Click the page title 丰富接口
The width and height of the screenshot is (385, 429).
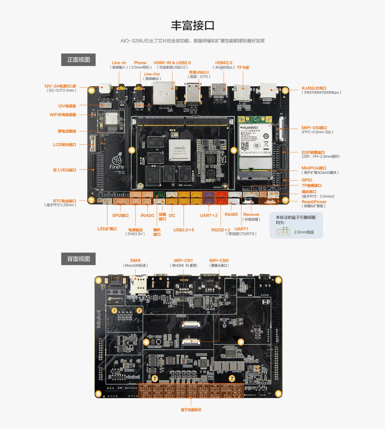pos(192,26)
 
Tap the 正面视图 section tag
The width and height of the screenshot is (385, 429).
pos(78,60)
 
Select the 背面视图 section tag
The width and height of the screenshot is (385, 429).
pos(78,259)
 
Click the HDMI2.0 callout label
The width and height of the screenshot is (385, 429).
pos(224,63)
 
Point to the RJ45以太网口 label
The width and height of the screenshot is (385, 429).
pos(314,88)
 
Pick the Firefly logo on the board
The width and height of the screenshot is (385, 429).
pos(117,163)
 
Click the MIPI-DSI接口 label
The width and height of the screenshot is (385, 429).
pos(314,128)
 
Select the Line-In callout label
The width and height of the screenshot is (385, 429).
pos(119,63)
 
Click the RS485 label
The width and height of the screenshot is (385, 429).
pos(231,214)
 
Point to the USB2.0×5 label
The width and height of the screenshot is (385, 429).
pos(184,230)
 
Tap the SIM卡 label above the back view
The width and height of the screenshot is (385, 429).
pos(135,261)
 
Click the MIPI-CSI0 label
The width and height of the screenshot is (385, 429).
pos(219,261)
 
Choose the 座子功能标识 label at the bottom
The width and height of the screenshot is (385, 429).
pos(191,410)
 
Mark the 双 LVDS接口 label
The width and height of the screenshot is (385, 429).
pos(64,170)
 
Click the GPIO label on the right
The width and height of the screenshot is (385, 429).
pos(307,180)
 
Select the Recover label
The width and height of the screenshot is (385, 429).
pos(251,214)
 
